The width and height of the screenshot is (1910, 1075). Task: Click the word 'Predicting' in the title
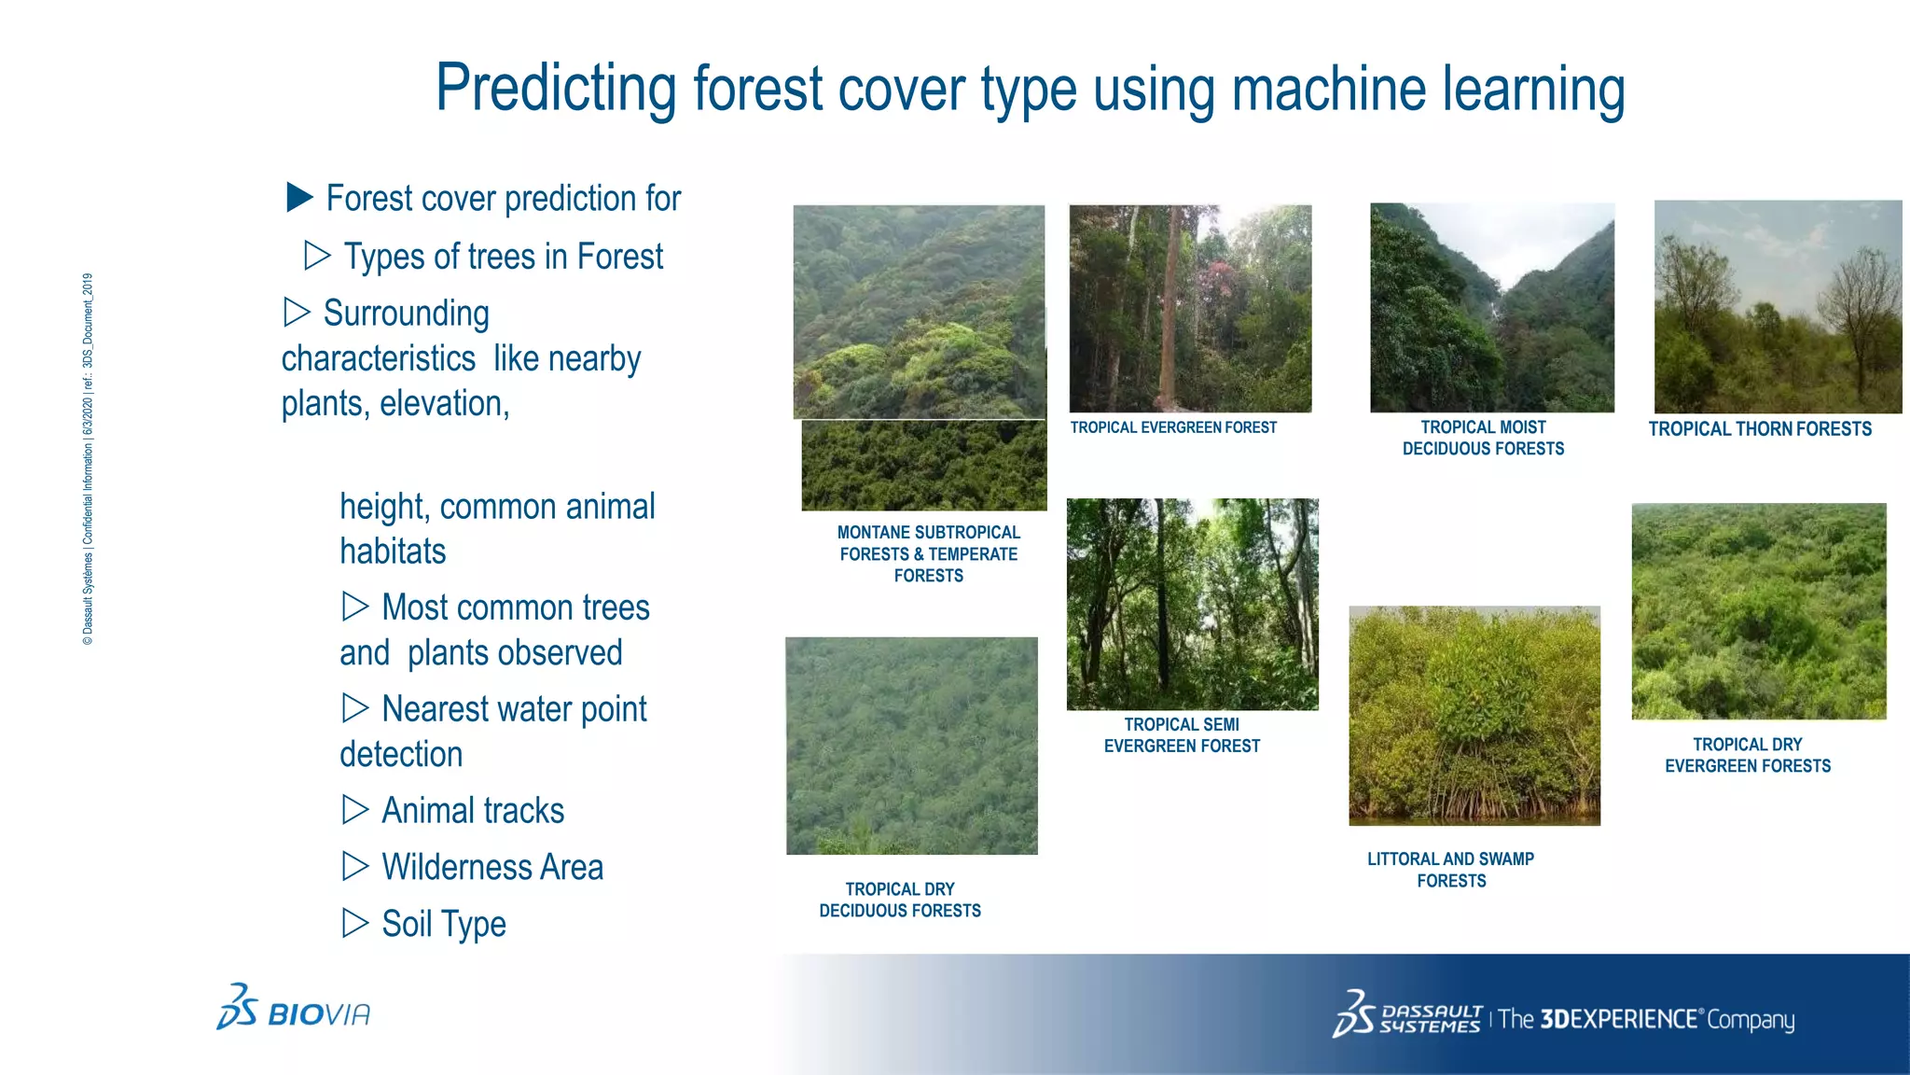pyautogui.click(x=556, y=89)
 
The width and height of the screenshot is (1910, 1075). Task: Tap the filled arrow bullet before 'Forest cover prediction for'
pyautogui.click(x=299, y=197)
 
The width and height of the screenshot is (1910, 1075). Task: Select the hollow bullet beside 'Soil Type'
pyautogui.click(x=355, y=923)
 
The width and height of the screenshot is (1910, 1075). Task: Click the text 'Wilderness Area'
pyautogui.click(x=492, y=867)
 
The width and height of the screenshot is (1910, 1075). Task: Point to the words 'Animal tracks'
pyautogui.click(x=473, y=810)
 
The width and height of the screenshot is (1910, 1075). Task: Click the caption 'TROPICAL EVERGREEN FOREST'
pyautogui.click(x=1173, y=427)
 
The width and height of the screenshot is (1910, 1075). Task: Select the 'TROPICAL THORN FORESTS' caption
pyautogui.click(x=1759, y=429)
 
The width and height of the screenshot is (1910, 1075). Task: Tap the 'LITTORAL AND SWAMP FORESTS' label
pyautogui.click(x=1450, y=870)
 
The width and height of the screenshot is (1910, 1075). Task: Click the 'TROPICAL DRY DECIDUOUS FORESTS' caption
pyautogui.click(x=900, y=900)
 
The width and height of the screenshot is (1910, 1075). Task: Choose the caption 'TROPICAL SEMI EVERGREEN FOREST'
pyautogui.click(x=1182, y=735)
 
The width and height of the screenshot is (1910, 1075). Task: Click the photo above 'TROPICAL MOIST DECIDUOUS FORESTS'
pyautogui.click(x=1491, y=308)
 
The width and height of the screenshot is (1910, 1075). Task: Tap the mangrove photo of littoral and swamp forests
pyautogui.click(x=1474, y=716)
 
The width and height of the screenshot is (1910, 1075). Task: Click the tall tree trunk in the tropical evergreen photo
pyautogui.click(x=1168, y=317)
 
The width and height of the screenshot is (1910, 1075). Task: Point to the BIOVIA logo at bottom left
pyautogui.click(x=294, y=1008)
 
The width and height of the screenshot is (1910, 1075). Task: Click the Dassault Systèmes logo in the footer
pyautogui.click(x=1406, y=1015)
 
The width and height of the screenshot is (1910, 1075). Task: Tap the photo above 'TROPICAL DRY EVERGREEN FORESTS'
pyautogui.click(x=1758, y=611)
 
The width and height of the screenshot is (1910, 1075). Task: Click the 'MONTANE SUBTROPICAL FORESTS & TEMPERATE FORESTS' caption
pyautogui.click(x=928, y=553)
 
